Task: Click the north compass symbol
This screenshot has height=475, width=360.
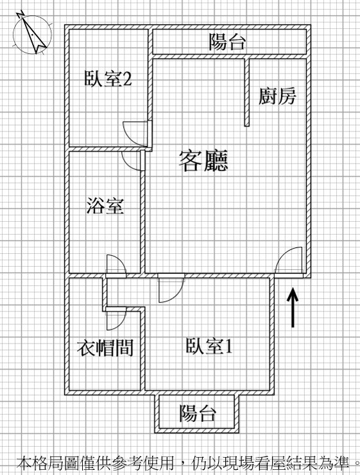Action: point(32,33)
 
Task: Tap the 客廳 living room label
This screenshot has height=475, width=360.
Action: point(203,161)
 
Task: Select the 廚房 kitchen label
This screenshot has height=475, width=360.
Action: point(277,96)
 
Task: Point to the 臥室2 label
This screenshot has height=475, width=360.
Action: point(108,79)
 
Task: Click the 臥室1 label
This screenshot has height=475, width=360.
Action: point(209,346)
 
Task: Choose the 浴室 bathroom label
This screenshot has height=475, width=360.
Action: point(105,206)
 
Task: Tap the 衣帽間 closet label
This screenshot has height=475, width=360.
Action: point(105,347)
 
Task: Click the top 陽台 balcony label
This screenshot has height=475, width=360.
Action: point(227,42)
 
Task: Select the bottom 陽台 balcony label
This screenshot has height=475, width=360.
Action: point(198,413)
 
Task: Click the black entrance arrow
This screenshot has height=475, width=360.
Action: point(293,307)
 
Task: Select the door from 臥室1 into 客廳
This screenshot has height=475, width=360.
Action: point(171,288)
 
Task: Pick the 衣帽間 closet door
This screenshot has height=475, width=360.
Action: point(116,319)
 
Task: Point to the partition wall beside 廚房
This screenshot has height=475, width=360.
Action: point(247,92)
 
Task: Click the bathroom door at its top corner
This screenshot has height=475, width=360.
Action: point(132,160)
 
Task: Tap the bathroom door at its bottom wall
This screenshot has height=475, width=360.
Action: point(116,266)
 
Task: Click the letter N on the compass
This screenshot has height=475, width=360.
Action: point(21,14)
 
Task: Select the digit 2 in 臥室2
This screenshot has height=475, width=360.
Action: point(128,79)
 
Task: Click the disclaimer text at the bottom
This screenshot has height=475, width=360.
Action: point(188,463)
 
